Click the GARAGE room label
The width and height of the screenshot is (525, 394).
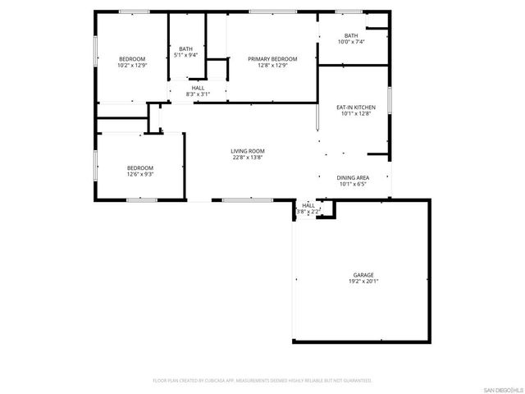363,274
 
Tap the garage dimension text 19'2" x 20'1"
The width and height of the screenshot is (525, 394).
363,281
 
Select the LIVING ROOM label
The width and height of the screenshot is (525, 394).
247,150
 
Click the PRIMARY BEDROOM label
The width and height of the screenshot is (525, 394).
272,58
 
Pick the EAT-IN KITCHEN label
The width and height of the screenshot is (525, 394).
356,107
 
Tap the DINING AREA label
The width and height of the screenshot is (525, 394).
353,177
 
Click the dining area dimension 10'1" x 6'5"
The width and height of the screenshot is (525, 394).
353,184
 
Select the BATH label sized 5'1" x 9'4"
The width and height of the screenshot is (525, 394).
186,49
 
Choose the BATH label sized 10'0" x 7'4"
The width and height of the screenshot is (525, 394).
351,35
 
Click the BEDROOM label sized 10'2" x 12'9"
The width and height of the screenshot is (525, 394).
132,58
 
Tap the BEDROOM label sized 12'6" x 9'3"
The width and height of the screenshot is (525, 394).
140,167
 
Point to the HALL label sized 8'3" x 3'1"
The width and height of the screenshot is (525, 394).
198,88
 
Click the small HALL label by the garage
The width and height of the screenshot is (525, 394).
308,205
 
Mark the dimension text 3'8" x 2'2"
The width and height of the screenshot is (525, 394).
308,212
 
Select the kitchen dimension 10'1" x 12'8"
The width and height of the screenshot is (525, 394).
356,113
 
